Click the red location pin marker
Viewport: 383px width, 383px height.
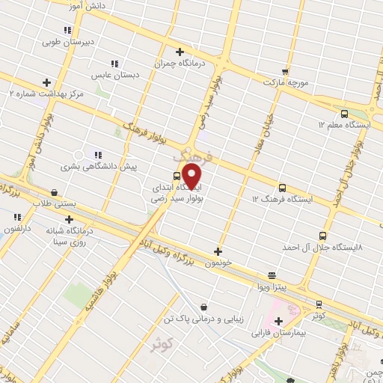[x=192, y=177]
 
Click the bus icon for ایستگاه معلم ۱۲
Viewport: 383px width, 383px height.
[x=344, y=114]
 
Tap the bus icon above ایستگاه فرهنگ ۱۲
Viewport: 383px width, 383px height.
[x=283, y=188]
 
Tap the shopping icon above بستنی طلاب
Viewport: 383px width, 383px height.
[x=55, y=191]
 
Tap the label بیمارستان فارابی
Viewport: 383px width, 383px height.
[x=281, y=331]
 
